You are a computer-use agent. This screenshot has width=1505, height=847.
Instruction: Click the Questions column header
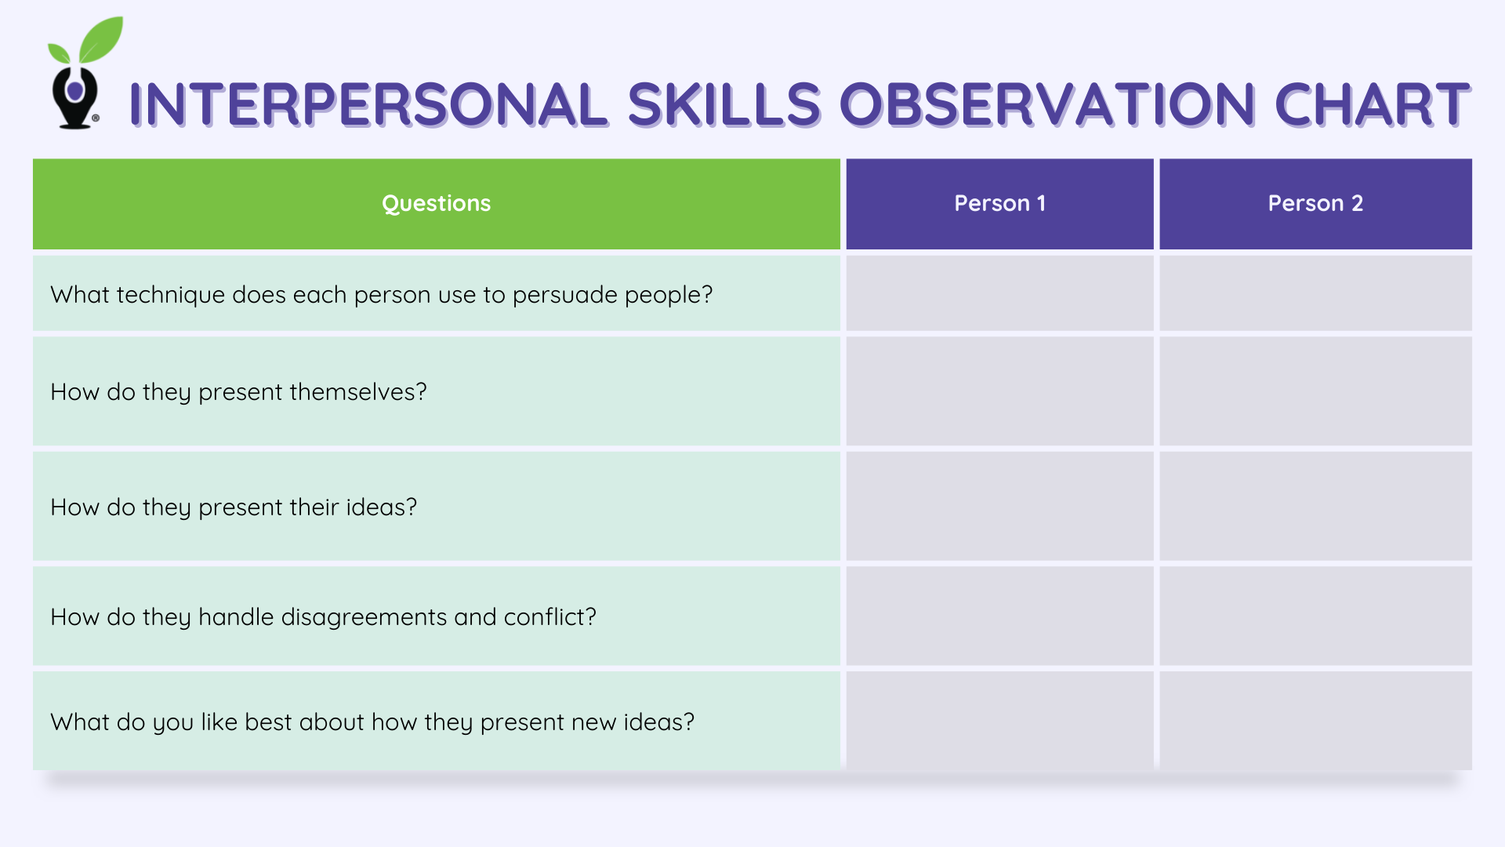[436, 203]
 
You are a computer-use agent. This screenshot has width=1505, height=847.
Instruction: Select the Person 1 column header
[999, 203]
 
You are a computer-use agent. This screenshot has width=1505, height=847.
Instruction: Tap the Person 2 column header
[1315, 203]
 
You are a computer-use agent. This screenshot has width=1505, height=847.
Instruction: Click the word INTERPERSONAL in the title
[368, 104]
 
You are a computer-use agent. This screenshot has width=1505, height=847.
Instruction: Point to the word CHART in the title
[1372, 104]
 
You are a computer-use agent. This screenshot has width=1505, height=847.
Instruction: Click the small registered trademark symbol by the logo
[96, 118]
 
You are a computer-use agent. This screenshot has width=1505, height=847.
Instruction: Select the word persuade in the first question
[564, 295]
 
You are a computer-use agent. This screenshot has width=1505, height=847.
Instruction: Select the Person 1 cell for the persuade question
[999, 293]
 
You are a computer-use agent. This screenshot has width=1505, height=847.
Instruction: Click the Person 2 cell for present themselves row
[1315, 391]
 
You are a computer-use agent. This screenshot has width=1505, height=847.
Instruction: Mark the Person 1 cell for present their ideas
[999, 506]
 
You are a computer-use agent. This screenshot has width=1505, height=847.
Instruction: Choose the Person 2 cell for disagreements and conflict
[1315, 616]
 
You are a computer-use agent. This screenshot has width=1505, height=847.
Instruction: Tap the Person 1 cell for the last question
[999, 719]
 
